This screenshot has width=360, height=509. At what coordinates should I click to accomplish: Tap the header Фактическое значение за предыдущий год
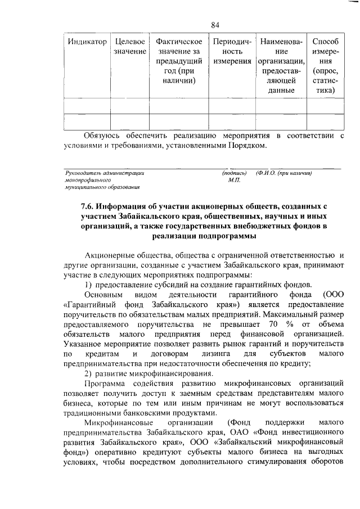point(178,61)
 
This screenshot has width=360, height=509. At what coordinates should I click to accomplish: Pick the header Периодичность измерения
point(229,52)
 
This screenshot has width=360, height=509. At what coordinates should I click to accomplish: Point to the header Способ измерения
point(325,66)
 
